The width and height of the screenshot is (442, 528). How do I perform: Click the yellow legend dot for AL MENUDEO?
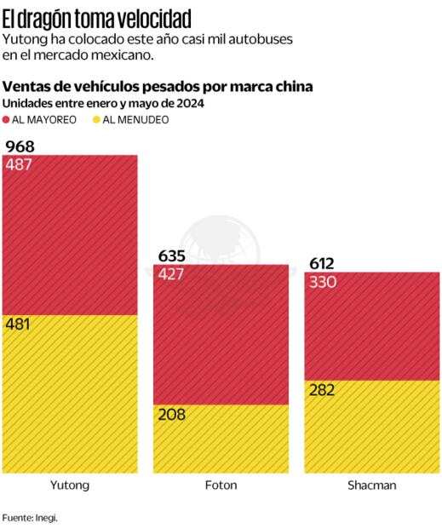(95, 120)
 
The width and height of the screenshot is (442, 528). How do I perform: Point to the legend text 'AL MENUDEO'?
(135, 120)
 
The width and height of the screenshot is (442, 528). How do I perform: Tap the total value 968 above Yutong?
(20, 146)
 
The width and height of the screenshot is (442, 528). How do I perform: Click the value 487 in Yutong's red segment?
(19, 164)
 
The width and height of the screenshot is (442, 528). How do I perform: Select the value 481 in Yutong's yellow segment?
(19, 324)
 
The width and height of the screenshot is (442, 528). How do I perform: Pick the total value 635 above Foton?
(172, 255)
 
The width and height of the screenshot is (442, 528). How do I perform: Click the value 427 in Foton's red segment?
(172, 273)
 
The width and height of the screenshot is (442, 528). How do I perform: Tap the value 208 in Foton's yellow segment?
(170, 414)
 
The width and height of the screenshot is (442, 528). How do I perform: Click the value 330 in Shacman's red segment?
(324, 282)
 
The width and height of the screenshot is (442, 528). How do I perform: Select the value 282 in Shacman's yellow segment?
(323, 389)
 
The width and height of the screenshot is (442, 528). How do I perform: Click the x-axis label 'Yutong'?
(70, 485)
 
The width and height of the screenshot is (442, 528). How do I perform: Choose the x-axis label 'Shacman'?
(372, 485)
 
